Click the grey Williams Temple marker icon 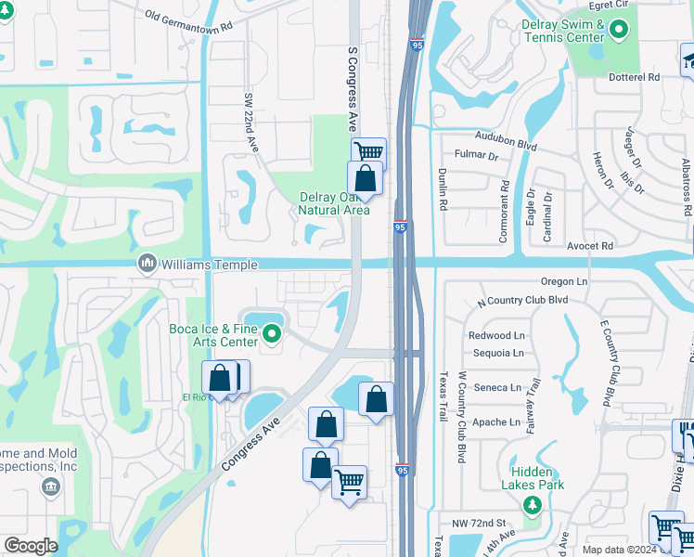coord(147,265)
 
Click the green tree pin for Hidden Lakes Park coord(532,504)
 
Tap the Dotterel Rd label coord(655,77)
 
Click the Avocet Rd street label coord(593,246)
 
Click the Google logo coord(31,546)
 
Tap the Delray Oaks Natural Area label coord(334,202)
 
